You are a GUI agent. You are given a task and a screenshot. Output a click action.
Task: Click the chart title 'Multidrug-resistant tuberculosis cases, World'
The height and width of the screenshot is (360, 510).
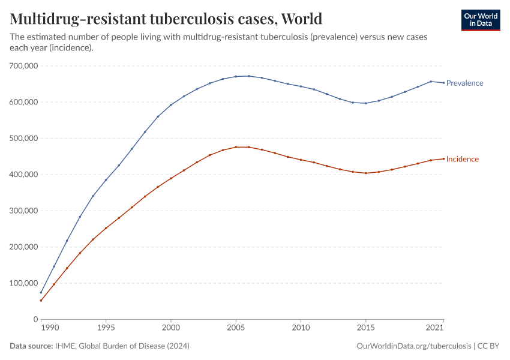coord(166,19)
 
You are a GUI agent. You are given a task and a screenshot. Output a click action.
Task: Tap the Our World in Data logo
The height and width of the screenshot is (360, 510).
coord(480,20)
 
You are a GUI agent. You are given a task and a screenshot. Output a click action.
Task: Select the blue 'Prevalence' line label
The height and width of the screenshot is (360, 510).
coord(464,83)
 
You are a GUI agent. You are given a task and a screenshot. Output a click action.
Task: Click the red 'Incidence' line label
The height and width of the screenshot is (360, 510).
coord(462,159)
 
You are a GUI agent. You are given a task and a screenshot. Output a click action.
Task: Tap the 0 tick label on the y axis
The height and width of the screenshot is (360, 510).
coord(35,319)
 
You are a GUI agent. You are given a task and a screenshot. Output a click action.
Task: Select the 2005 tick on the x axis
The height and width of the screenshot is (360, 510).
coord(236,329)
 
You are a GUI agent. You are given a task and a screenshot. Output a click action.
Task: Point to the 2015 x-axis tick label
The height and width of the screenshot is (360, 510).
coord(365,329)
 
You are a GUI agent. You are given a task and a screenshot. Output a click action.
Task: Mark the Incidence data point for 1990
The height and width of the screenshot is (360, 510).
coord(41,301)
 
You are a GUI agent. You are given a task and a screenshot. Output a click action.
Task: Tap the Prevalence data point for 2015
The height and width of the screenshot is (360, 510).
coord(365,103)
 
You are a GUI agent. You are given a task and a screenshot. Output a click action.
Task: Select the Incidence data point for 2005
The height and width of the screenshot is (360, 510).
coord(236,147)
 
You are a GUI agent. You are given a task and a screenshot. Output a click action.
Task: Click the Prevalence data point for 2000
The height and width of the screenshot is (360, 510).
coord(171,105)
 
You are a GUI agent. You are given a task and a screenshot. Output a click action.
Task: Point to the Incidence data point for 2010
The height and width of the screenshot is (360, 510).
coord(301,160)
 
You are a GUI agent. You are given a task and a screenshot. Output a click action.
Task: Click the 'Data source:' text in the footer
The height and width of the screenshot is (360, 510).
coord(31,346)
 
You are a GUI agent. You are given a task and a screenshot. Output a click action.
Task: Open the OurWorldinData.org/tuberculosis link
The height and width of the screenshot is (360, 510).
coord(413,346)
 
